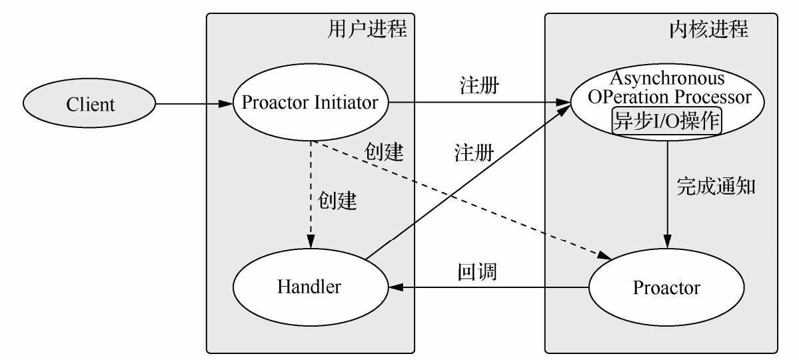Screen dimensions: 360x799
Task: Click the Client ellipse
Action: pyautogui.click(x=90, y=105)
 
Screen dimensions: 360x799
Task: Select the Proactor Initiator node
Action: pyautogui.click(x=310, y=103)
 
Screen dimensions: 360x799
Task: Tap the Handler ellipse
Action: pyautogui.click(x=310, y=287)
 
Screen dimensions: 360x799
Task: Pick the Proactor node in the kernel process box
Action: pyautogui.click(x=666, y=288)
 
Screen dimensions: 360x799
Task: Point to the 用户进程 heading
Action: pyautogui.click(x=367, y=30)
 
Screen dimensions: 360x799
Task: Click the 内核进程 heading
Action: pyautogui.click(x=708, y=30)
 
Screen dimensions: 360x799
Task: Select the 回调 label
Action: pyautogui.click(x=477, y=272)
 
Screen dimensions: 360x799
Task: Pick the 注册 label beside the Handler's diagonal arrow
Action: pyautogui.click(x=474, y=154)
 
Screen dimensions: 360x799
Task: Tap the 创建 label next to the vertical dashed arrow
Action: pyautogui.click(x=337, y=201)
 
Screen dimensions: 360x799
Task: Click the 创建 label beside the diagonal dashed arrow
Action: pyautogui.click(x=384, y=152)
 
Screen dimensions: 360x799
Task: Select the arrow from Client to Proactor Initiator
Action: pyautogui.click(x=193, y=104)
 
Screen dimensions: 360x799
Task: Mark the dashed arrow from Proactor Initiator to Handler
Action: pyautogui.click(x=310, y=193)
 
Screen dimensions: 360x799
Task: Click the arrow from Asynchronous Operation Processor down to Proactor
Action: pyautogui.click(x=666, y=193)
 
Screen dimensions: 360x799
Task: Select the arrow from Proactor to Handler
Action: pyautogui.click(x=490, y=288)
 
